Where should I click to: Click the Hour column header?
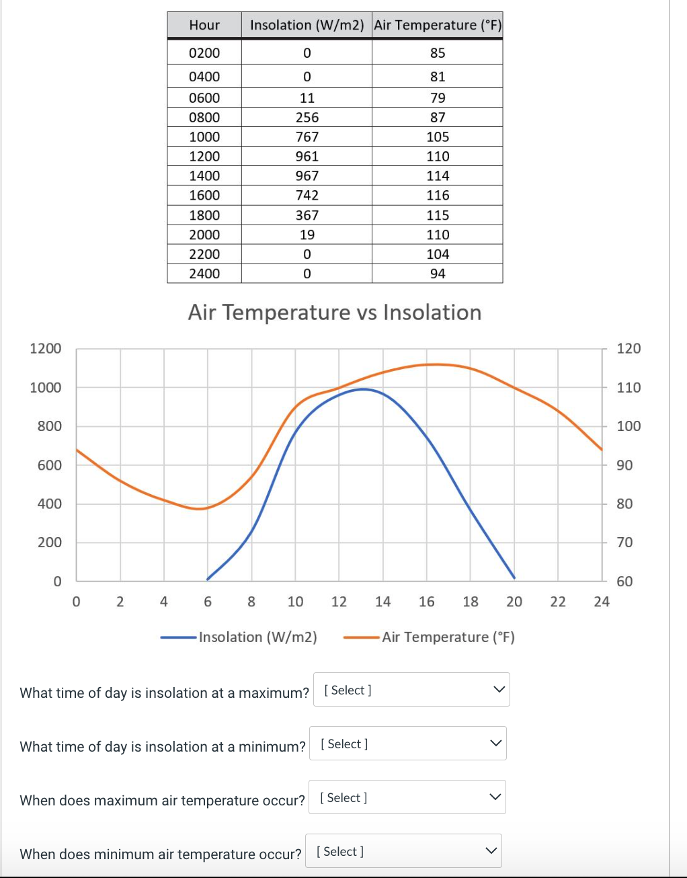[204, 25]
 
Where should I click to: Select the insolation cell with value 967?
[307, 175]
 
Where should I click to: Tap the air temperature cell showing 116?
[438, 195]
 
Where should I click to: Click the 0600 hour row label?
[204, 97]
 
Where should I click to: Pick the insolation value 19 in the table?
[307, 235]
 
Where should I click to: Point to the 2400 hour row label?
[204, 274]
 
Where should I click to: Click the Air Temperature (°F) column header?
[438, 25]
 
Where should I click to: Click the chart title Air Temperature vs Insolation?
[335, 313]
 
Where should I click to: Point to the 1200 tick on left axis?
[46, 348]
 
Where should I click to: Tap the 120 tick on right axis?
[629, 348]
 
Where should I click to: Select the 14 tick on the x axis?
[382, 602]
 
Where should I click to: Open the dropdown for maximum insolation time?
[411, 690]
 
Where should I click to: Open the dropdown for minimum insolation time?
[408, 744]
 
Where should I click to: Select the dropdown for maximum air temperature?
[407, 797]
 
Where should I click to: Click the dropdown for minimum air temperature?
[404, 851]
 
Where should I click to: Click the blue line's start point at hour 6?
[208, 579]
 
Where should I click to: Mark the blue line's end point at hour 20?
[514, 577]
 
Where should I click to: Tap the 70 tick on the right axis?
[624, 542]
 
